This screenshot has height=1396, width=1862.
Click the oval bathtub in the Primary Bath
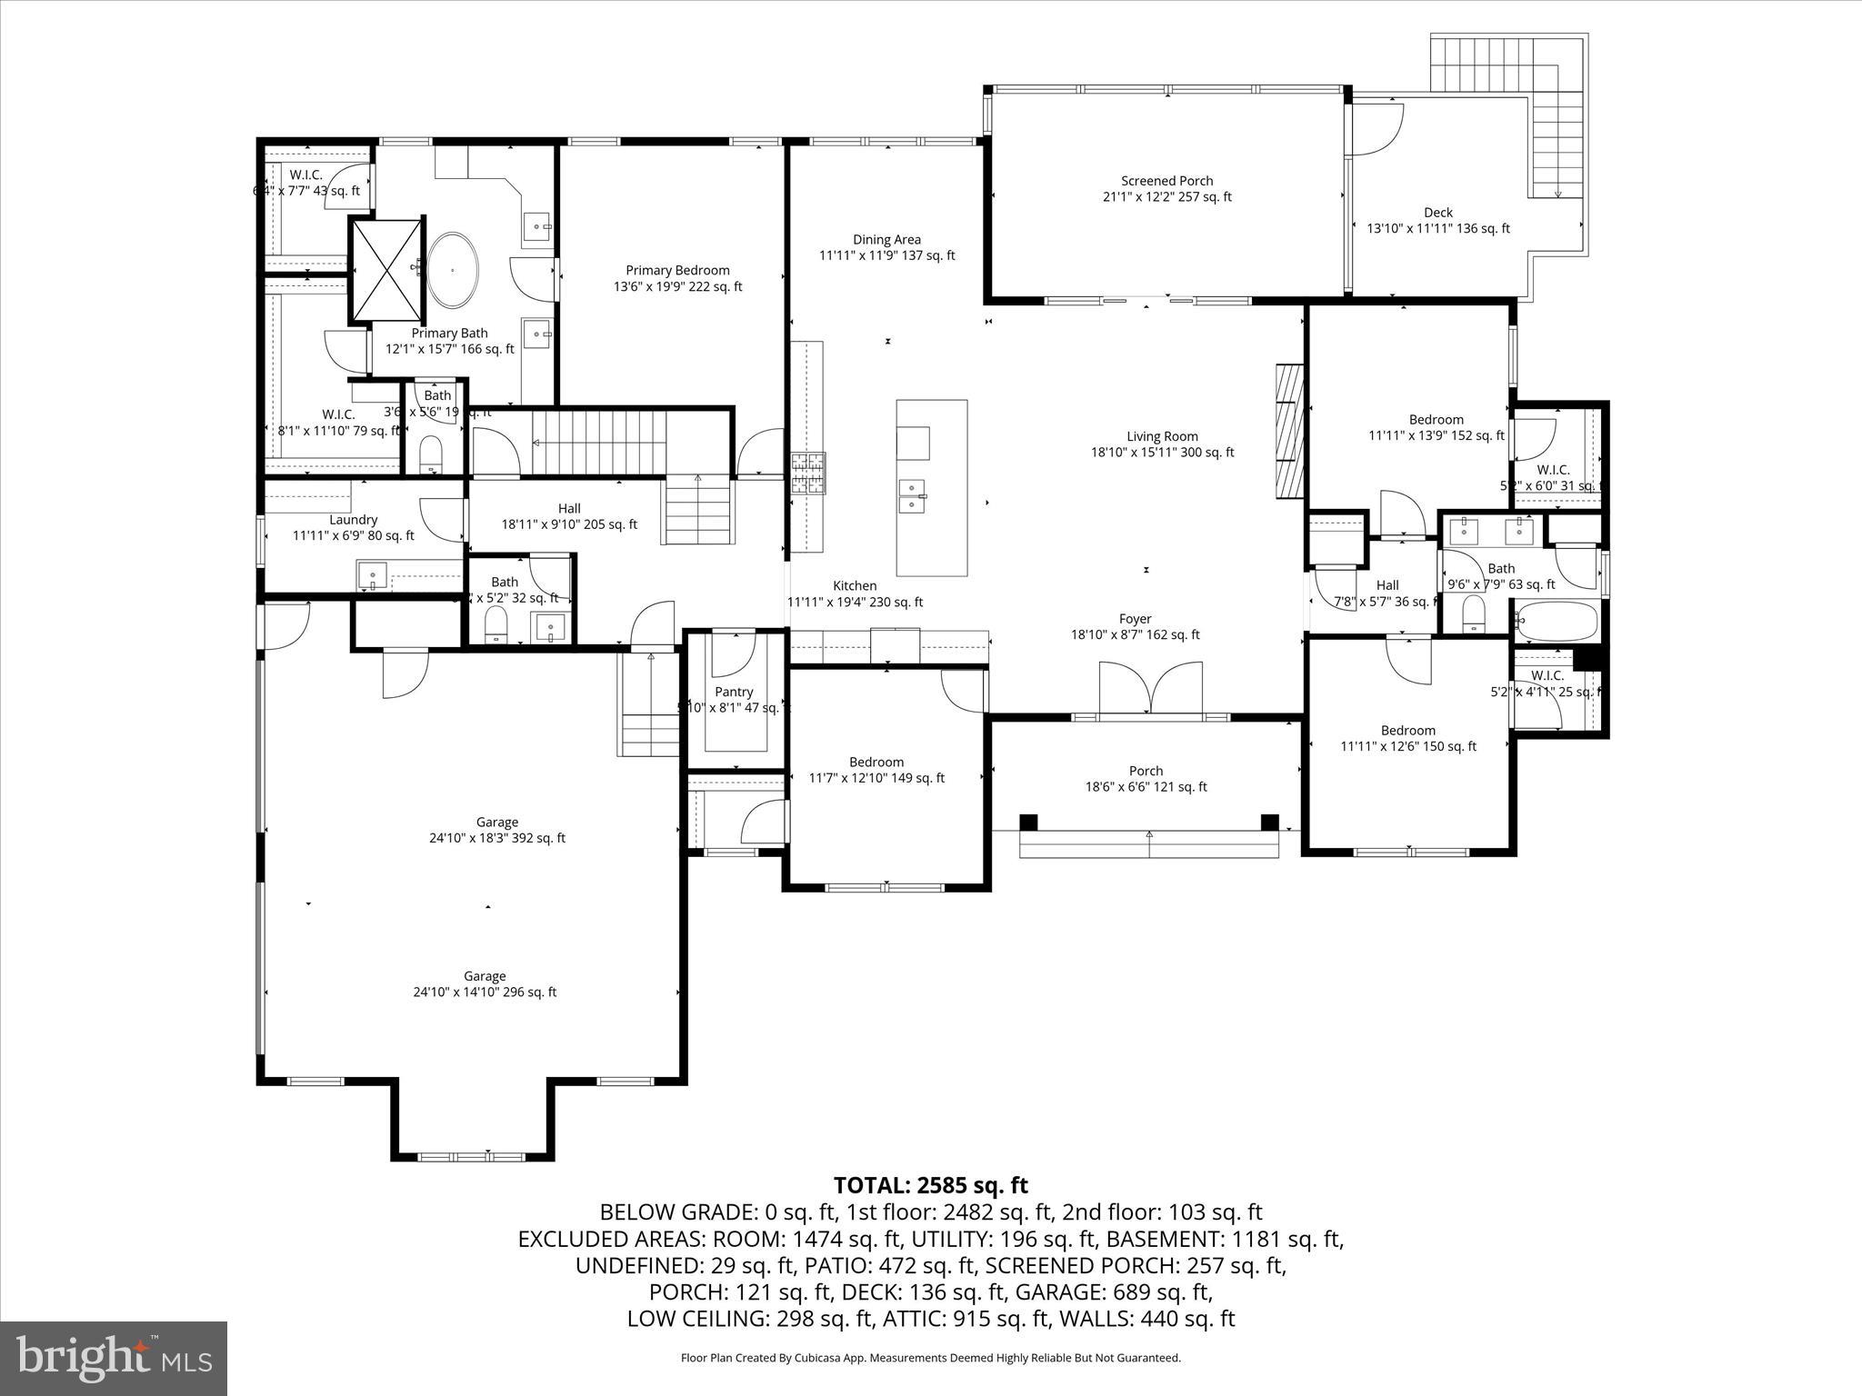click(453, 270)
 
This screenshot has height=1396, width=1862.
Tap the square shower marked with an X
click(387, 270)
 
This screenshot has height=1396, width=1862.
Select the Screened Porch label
click(1166, 188)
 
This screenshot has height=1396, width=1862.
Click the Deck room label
click(1438, 220)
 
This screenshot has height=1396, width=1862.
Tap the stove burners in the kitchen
click(808, 474)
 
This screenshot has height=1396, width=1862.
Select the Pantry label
click(733, 699)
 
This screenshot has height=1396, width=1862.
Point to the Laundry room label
click(353, 527)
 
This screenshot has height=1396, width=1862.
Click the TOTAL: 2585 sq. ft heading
click(930, 1185)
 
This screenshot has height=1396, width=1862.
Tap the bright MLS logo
click(114, 1359)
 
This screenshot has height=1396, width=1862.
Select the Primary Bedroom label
click(677, 278)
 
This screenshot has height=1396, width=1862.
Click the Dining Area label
click(886, 247)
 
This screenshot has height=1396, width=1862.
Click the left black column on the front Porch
click(1028, 822)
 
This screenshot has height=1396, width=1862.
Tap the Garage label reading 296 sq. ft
click(485, 984)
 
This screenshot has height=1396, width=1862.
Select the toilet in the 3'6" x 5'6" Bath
click(431, 453)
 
